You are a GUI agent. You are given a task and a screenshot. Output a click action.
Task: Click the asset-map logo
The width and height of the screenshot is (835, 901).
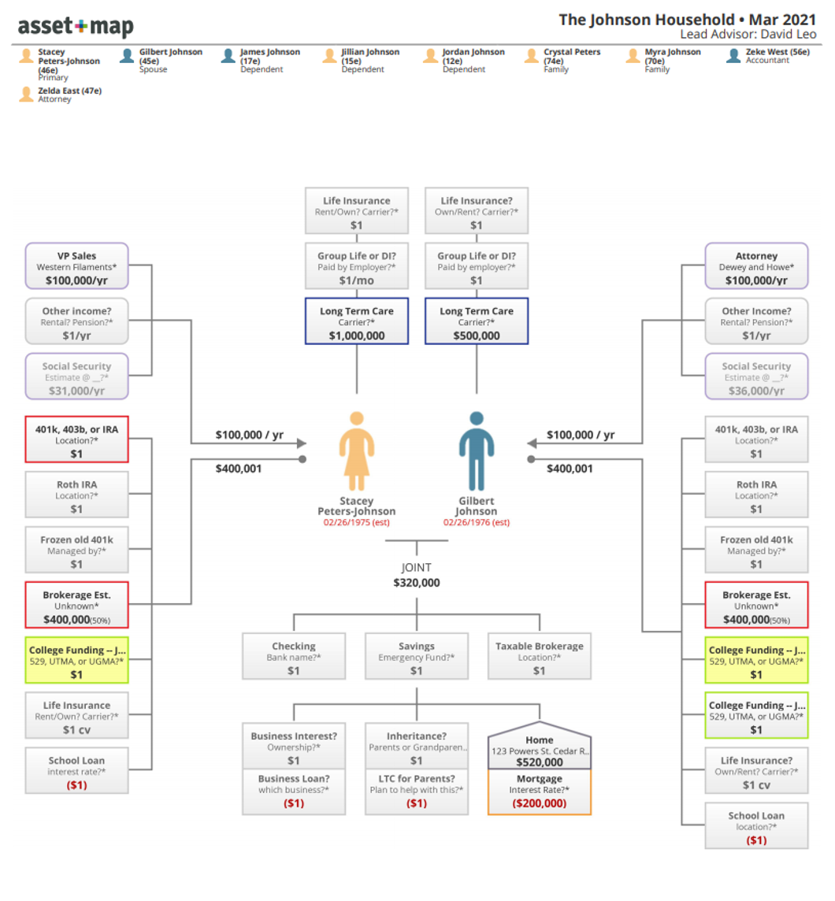(76, 27)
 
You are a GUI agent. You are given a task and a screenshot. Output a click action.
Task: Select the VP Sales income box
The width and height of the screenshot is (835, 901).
(76, 266)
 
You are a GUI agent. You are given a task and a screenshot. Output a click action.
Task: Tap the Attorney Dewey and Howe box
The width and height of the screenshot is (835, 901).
(756, 266)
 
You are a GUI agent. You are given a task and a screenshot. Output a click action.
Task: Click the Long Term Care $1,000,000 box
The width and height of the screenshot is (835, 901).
(357, 321)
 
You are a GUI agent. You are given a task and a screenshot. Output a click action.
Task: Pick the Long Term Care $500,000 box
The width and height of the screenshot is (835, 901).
(477, 321)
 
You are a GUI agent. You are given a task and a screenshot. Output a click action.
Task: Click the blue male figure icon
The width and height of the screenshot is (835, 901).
(477, 450)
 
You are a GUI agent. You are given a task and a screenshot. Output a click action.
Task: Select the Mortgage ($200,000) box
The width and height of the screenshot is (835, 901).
(540, 792)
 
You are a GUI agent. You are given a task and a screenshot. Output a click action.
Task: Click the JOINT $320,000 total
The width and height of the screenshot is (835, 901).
(417, 576)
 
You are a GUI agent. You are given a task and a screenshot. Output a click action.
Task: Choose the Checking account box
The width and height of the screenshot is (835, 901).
(294, 658)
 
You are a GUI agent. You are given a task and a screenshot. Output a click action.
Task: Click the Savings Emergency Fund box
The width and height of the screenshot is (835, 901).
(417, 658)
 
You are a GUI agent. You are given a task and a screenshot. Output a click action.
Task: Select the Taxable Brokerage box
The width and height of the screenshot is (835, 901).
(540, 658)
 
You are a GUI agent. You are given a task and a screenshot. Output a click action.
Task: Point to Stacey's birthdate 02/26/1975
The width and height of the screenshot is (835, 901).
(356, 522)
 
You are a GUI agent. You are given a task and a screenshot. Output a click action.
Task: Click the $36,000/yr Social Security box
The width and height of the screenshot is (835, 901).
(756, 376)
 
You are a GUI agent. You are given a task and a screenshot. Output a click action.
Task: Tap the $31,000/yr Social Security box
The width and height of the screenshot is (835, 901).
(76, 376)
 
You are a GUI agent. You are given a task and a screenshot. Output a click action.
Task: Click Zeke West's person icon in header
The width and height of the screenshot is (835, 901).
(733, 56)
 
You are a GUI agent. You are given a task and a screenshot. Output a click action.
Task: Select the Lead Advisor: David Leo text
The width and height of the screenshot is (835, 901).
(748, 35)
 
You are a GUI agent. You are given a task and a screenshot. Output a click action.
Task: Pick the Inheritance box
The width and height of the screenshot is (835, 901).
(417, 747)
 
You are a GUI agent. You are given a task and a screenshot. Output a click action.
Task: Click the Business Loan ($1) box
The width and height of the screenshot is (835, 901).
(294, 792)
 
